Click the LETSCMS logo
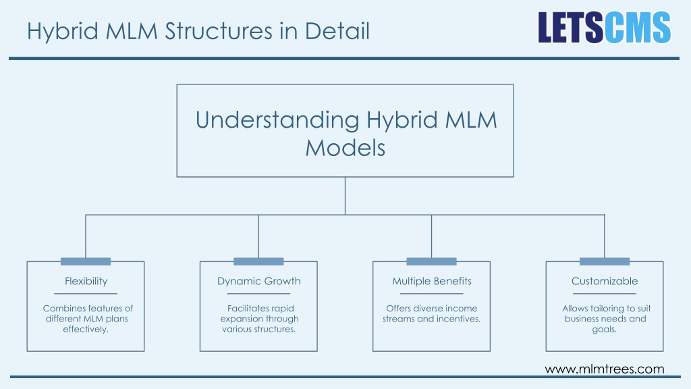pos(604,27)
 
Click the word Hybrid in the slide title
pos(63,31)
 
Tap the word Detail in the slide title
pos(337,31)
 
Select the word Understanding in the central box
pos(277,120)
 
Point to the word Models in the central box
pos(345,148)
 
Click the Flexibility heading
pos(86,282)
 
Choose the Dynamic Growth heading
pos(258,282)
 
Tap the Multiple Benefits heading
pos(432,282)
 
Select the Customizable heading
pos(605,282)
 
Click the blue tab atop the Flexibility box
pos(86,261)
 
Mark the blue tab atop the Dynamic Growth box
pos(258,261)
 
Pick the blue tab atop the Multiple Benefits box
pos(431,261)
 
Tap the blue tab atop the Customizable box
pos(605,261)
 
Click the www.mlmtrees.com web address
pos(605,369)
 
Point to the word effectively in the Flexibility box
pos(86,330)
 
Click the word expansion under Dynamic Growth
pos(242,319)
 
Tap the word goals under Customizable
pos(604,330)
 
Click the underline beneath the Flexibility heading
pos(86,294)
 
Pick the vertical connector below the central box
pos(345,196)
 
